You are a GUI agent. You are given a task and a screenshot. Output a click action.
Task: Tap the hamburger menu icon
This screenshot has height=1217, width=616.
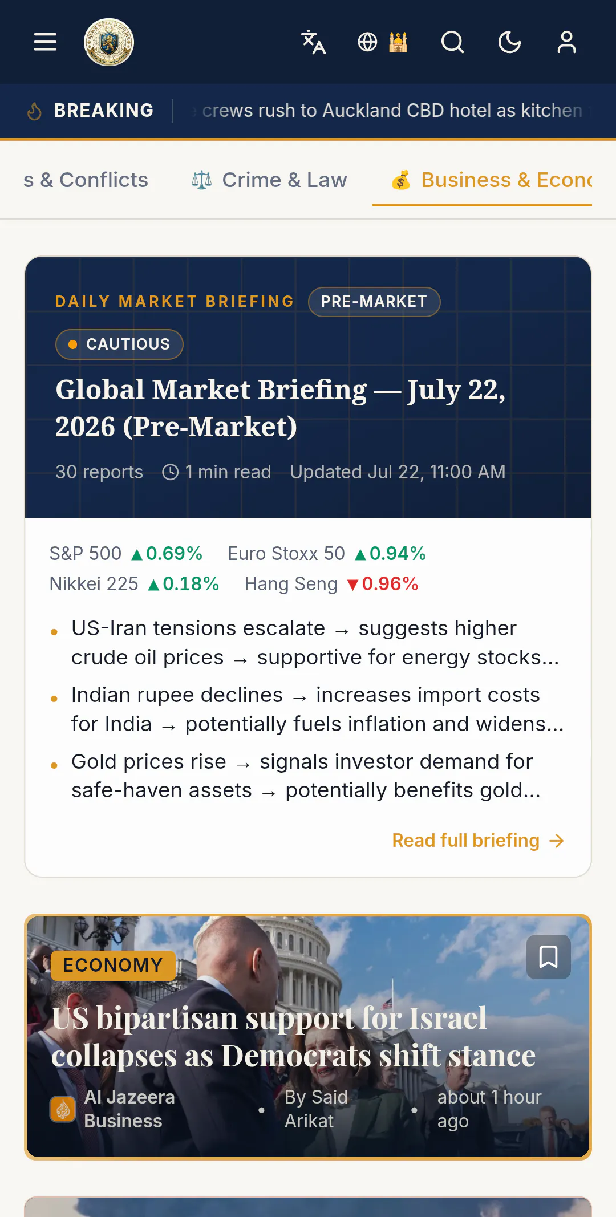[45, 42]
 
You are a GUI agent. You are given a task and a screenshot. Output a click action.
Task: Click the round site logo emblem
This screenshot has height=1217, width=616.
[109, 42]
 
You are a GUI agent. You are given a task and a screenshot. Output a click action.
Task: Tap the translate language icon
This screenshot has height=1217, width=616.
[313, 42]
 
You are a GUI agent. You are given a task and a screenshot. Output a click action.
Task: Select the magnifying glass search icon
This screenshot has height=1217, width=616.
[453, 42]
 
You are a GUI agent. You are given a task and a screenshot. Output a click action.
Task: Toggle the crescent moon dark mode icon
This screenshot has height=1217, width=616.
[510, 42]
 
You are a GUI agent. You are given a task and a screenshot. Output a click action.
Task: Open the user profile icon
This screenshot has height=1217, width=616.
[566, 42]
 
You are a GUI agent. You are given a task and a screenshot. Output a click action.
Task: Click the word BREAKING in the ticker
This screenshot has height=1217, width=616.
[104, 110]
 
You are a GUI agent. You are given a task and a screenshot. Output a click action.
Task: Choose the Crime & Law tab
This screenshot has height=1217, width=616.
[269, 180]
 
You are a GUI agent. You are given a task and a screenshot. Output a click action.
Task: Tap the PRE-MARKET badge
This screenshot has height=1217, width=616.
[374, 301]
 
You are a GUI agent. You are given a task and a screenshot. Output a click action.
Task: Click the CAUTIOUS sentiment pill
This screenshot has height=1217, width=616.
[119, 344]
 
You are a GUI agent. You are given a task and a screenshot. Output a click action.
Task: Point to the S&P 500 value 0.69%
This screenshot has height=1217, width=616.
[174, 553]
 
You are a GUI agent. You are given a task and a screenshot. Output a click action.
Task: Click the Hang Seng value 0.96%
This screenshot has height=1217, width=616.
[390, 583]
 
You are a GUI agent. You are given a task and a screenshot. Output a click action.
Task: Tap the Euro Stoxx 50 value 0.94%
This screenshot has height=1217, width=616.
[398, 553]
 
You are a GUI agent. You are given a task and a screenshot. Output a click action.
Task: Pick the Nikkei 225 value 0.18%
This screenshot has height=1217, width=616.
[191, 583]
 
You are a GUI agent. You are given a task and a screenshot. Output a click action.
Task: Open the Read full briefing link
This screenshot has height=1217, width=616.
[478, 840]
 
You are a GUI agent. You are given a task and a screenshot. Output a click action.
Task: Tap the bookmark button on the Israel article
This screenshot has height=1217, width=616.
[549, 956]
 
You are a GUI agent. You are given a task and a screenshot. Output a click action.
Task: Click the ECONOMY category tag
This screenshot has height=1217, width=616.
[113, 965]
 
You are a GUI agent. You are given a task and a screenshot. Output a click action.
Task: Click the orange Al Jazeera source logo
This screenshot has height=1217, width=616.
[63, 1109]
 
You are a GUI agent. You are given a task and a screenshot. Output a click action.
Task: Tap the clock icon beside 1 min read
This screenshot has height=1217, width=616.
[171, 472]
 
